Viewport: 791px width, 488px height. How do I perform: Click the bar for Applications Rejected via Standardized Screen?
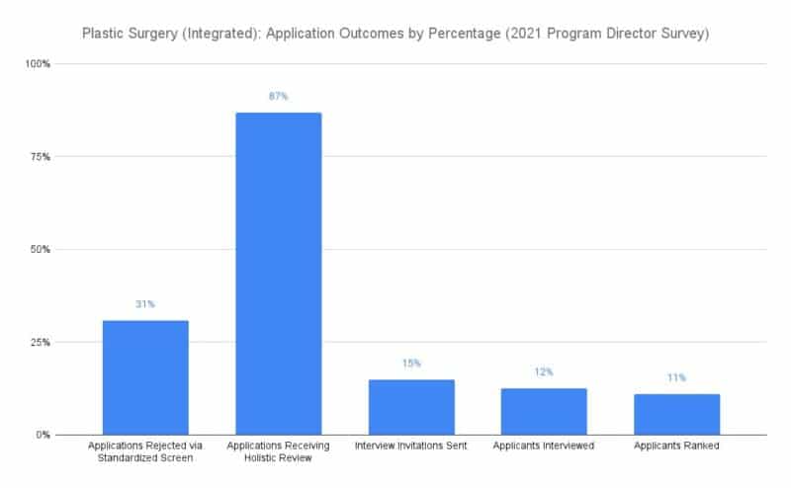145,377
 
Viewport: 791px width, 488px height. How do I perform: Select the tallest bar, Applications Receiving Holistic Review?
279,274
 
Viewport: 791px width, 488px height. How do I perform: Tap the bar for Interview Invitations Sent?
411,407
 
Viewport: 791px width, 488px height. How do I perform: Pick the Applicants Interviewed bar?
544,411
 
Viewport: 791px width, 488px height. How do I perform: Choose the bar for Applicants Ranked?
677,414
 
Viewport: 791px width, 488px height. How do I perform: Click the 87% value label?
279,96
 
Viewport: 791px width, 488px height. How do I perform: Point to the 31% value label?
145,304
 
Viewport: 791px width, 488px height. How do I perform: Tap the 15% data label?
411,364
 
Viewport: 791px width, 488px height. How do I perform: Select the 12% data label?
544,372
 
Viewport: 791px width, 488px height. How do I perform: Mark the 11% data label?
677,377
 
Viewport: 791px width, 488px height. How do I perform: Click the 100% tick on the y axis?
38,64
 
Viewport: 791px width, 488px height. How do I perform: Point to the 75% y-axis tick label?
41,157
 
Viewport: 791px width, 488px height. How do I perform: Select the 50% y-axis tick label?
41,250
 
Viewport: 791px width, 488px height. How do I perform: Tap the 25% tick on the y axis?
41,343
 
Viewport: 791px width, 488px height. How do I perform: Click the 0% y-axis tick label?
43,435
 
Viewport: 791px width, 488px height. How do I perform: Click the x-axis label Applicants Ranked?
676,446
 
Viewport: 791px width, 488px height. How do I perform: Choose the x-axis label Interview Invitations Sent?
411,446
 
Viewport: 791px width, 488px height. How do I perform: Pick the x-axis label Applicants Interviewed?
544,446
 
